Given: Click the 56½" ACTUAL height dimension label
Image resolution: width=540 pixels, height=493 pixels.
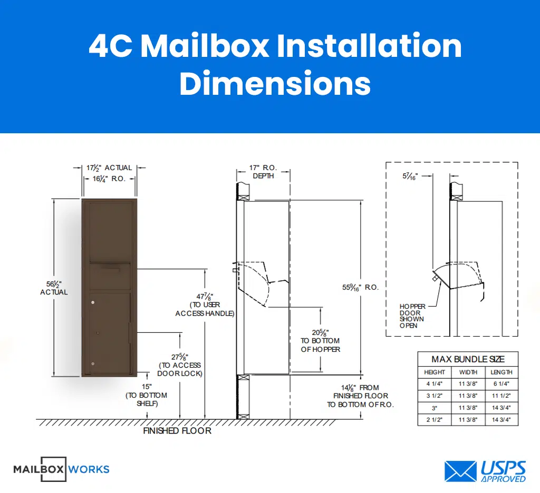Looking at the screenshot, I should click(x=54, y=288).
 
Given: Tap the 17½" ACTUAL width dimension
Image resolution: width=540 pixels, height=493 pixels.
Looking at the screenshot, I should click(x=109, y=168).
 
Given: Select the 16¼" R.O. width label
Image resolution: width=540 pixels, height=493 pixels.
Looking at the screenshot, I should click(x=109, y=179).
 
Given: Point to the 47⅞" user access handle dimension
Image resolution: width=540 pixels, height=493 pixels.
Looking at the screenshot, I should click(x=205, y=304).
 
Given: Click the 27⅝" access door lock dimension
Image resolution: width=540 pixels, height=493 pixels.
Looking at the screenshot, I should click(x=180, y=365).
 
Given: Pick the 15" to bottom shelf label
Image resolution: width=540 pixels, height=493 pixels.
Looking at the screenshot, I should click(x=146, y=395).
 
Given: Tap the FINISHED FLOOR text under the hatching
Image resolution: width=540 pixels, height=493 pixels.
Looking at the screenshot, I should click(x=177, y=431).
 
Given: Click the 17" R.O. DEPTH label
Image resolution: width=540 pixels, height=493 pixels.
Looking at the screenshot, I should click(x=263, y=172).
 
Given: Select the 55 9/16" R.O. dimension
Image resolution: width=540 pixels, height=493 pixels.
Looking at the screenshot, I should click(x=361, y=288).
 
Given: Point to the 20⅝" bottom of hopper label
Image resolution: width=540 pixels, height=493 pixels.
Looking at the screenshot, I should click(x=321, y=340).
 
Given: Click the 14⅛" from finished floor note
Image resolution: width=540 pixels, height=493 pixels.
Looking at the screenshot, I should click(x=361, y=396).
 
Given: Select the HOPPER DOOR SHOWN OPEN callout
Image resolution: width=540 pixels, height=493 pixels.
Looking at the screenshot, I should click(x=412, y=316).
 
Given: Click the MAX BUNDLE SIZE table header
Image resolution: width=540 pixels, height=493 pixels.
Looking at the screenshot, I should click(x=468, y=359).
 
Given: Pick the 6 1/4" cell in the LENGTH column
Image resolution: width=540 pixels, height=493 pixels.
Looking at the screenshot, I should click(x=501, y=384).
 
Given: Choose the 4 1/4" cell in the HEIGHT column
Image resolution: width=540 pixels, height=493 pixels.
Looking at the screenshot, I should click(x=435, y=384).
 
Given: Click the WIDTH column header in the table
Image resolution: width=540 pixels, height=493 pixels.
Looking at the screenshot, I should click(x=468, y=372).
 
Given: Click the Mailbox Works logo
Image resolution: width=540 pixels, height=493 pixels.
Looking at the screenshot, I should click(x=61, y=469).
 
